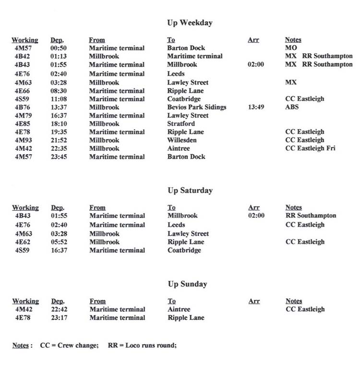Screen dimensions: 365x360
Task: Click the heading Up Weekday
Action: click(190, 23)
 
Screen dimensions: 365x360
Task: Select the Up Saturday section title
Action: click(190, 190)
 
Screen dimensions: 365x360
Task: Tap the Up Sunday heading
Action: click(188, 284)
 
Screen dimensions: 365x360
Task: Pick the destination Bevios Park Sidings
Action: click(196, 107)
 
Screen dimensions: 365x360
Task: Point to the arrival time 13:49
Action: click(256, 107)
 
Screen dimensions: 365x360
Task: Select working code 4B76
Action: click(23, 107)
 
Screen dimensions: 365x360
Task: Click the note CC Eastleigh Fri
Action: click(310, 148)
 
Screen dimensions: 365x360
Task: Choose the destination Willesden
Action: click(182, 140)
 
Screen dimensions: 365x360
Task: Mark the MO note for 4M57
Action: click(291, 48)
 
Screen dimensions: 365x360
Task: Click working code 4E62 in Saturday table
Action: click(23, 242)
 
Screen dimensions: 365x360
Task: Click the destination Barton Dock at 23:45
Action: click(186, 157)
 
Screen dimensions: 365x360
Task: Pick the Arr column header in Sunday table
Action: click(254, 301)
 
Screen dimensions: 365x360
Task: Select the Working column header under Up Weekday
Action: click(25, 40)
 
